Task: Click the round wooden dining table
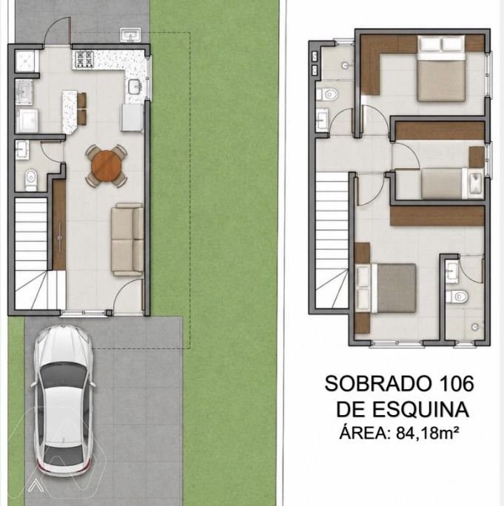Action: [107, 166]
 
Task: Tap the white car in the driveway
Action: [63, 401]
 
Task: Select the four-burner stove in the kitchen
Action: [84, 59]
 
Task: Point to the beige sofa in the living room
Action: [127, 240]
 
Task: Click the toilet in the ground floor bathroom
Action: [30, 180]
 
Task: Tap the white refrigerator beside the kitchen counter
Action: [132, 117]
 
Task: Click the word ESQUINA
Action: [420, 410]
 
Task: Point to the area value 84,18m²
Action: [428, 433]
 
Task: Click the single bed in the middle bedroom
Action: [452, 183]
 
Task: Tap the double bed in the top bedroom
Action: [441, 68]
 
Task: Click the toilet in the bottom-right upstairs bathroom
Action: [457, 296]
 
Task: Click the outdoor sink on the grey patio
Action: [131, 35]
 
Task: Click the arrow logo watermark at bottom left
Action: [36, 486]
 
